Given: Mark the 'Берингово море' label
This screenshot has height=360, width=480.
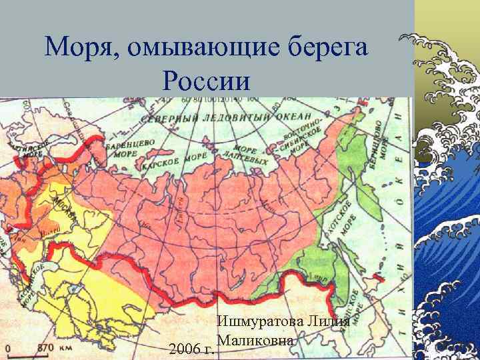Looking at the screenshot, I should point(373,143).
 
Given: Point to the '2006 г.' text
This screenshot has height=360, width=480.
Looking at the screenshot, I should point(191,348).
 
